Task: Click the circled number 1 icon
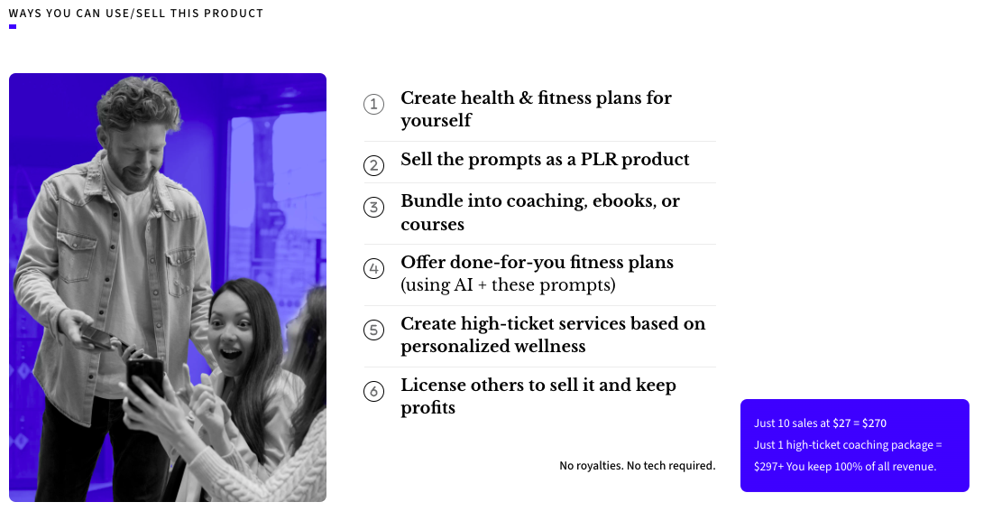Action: (373, 104)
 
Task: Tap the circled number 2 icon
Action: (373, 165)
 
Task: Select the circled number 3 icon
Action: (373, 207)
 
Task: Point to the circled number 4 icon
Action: (373, 268)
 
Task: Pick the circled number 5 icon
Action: (373, 330)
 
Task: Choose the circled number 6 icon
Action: (373, 391)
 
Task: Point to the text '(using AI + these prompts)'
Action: (508, 284)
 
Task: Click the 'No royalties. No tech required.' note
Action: (637, 465)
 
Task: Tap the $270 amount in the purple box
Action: (874, 423)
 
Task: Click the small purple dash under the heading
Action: (13, 26)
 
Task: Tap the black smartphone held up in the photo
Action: (145, 382)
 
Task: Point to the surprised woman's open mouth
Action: (231, 353)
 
